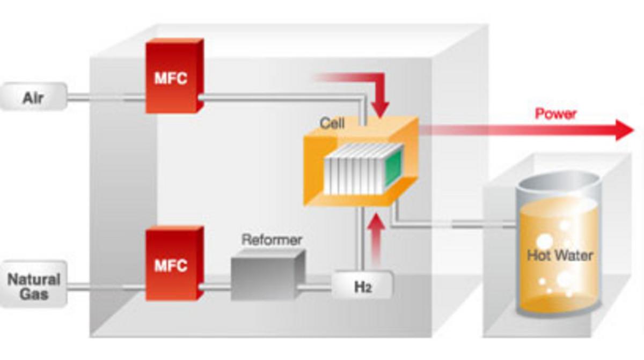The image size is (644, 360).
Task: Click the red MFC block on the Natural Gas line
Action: pyautogui.click(x=171, y=263)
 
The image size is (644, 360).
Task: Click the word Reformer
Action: pyautogui.click(x=272, y=239)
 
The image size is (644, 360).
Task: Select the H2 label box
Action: pyautogui.click(x=362, y=285)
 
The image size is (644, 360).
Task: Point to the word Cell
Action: pyautogui.click(x=332, y=123)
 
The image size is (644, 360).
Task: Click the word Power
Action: pyautogui.click(x=555, y=114)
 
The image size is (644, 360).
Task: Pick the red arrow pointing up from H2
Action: pyautogui.click(x=378, y=236)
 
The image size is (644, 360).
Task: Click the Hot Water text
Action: pyautogui.click(x=560, y=254)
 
